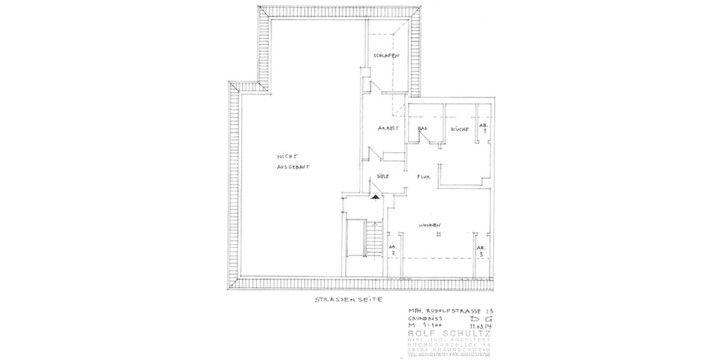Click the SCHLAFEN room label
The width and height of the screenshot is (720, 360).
pos(386,56)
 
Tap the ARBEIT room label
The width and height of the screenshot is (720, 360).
pos(388,128)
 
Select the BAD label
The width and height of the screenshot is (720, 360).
pos(422,128)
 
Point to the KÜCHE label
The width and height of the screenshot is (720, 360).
pos(459,128)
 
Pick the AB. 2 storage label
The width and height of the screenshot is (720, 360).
pos(393,250)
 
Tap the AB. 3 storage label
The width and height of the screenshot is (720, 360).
pos(481,251)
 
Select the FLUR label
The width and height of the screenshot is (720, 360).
pos(425,177)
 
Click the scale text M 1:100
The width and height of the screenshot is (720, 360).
pos(424,325)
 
